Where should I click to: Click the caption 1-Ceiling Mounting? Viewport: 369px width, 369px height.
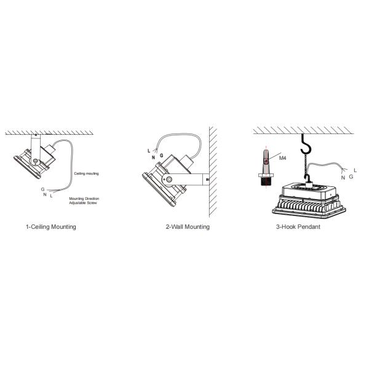tap(51, 227)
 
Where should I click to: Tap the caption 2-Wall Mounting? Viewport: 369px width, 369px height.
tap(188, 227)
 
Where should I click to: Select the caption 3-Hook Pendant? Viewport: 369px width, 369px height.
tap(298, 227)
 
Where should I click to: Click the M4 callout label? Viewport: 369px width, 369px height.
tap(282, 158)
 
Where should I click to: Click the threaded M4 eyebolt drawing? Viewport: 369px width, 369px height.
tap(266, 168)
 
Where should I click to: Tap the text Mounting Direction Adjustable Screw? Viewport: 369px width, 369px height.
tap(84, 200)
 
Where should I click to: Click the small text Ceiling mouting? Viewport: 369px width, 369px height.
tap(86, 173)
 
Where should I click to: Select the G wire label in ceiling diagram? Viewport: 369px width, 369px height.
tap(42, 189)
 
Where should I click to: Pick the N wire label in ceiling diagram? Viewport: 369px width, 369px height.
tap(45, 194)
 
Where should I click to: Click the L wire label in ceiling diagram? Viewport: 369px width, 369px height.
tap(51, 196)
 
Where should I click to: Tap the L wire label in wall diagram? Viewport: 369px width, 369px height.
tap(149, 151)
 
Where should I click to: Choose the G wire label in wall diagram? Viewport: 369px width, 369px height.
tap(161, 156)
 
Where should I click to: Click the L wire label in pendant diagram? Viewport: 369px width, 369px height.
tap(355, 170)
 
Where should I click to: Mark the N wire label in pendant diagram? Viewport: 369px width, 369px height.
tap(343, 178)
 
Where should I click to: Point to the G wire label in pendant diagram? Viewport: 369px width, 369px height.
tap(351, 177)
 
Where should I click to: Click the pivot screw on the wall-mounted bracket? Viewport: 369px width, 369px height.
tap(169, 180)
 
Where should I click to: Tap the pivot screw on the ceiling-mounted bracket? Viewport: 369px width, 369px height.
tap(36, 161)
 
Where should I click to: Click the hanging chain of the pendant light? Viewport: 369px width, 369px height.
tap(306, 164)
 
